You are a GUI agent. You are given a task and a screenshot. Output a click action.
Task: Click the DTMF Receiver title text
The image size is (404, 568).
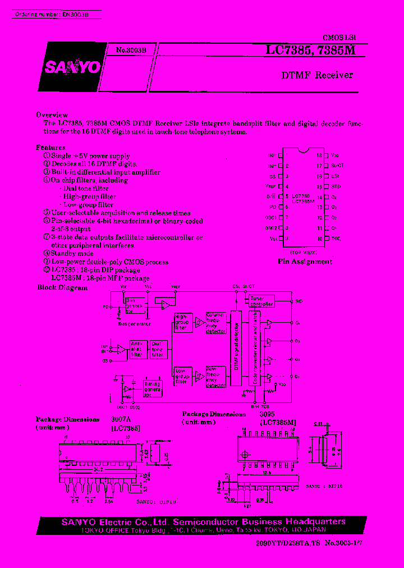click(317, 75)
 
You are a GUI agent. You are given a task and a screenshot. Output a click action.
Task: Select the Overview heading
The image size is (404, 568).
click(52, 114)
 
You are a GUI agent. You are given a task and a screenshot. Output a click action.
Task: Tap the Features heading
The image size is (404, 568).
click(51, 148)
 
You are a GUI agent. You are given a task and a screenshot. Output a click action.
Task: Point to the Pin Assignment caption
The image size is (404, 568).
click(305, 262)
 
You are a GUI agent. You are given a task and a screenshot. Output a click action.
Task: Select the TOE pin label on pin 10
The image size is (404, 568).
click(336, 239)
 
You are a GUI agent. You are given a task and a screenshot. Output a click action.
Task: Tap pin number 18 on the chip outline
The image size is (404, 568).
click(319, 155)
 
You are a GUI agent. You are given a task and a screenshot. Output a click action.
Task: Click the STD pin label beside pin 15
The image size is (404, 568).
click(336, 186)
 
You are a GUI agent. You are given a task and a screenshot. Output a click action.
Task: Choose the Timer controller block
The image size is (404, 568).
click(261, 301)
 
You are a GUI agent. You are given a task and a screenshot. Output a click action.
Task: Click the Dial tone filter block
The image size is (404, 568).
click(158, 349)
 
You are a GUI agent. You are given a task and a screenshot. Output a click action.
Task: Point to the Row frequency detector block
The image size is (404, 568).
click(215, 377)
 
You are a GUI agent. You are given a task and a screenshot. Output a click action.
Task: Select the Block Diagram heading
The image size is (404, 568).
click(62, 287)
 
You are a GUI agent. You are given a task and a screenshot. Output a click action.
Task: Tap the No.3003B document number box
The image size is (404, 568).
click(131, 50)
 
